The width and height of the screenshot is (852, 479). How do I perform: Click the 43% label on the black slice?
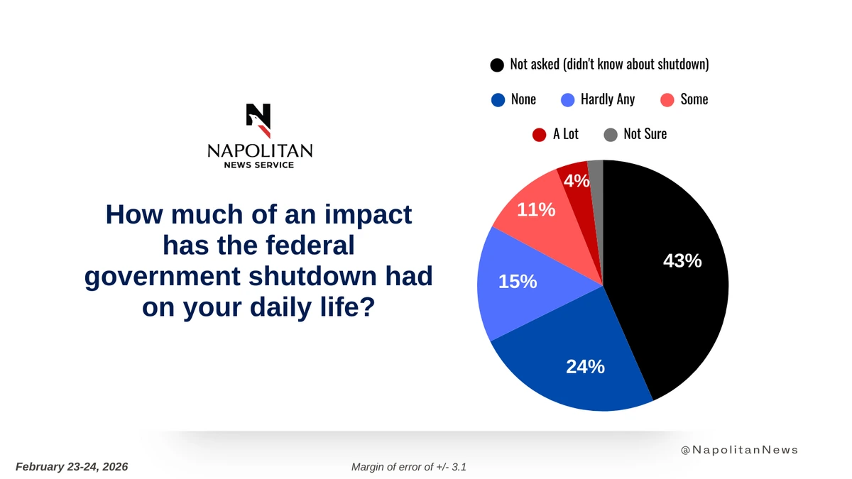682,261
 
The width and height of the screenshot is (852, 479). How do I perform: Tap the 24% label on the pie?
585,366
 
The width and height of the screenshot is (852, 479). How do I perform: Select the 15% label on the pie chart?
517,282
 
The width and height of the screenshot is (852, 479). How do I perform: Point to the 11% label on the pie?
536,209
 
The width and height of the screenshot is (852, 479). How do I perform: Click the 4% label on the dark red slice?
577,182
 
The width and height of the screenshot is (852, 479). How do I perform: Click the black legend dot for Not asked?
497,65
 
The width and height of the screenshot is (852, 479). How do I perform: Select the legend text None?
523,99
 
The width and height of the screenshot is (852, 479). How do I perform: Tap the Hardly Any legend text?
607,99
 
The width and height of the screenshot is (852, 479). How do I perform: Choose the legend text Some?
694,99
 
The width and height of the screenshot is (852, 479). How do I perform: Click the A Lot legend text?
565,134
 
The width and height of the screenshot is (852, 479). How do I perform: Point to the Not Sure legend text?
645,134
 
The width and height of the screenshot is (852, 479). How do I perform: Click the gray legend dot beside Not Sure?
611,135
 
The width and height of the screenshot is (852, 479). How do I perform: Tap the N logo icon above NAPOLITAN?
258,121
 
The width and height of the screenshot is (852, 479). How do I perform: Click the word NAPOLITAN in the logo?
259,150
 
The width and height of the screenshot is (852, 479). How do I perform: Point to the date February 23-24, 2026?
72,467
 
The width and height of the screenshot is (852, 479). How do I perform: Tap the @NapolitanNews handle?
739,450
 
